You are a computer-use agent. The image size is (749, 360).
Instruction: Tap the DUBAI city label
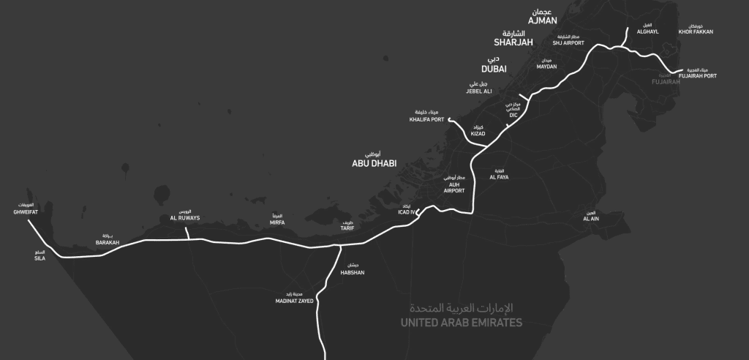tap(494, 69)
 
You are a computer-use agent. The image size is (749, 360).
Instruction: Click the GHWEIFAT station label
tap(25, 212)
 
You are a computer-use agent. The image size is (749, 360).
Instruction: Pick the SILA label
tap(39, 258)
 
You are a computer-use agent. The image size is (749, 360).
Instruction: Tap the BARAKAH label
tap(108, 241)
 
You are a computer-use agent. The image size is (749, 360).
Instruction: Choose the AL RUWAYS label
tap(184, 217)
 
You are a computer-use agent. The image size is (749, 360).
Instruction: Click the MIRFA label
tap(276, 222)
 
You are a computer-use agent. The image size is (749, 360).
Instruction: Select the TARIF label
tap(347, 228)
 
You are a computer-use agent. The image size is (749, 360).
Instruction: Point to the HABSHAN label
tap(353, 272)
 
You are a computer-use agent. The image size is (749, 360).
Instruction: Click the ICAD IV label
tap(406, 212)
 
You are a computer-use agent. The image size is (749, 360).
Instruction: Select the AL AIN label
tap(591, 219)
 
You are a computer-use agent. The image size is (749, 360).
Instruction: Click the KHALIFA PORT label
tap(427, 119)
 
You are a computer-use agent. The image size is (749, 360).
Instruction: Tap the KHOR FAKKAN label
tap(696, 31)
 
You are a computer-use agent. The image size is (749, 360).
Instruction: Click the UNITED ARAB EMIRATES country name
tap(462, 323)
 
